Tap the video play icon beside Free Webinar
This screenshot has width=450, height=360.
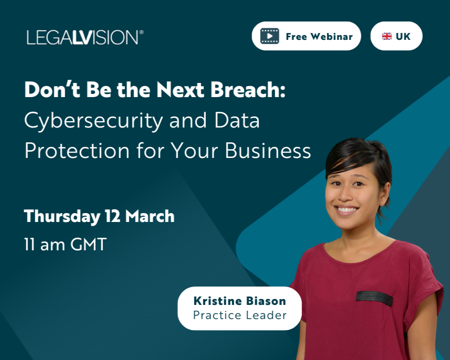(270, 36)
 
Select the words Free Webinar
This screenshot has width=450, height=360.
(319, 37)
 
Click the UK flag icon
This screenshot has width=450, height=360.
(387, 37)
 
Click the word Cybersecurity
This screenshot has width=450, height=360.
(93, 121)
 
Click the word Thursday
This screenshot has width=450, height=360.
(62, 216)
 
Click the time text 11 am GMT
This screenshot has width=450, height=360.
(65, 245)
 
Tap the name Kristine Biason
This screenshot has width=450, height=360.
(239, 301)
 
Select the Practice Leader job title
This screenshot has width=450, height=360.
(239, 315)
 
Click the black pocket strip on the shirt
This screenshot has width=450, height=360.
(374, 298)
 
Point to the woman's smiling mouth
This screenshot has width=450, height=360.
(347, 209)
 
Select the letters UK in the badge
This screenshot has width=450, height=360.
(403, 37)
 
